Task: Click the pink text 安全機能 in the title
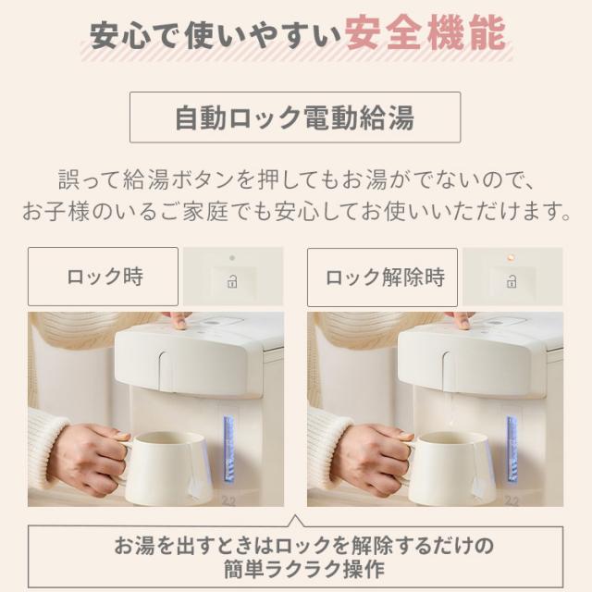425,37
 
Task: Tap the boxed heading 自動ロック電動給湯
295,117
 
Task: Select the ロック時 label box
103,276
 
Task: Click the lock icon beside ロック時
232,280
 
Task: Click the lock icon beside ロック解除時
511,280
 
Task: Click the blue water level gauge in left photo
228,449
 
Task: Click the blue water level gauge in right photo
511,449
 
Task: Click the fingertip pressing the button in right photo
459,319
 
